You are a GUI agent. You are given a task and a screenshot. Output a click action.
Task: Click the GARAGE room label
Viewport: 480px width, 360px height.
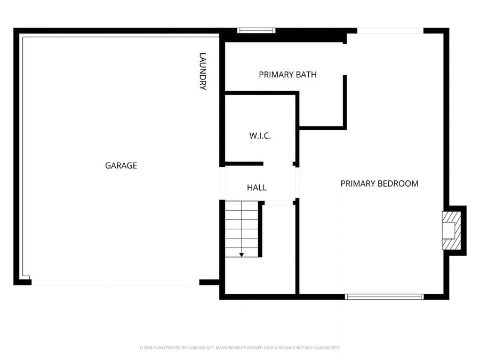click(121, 166)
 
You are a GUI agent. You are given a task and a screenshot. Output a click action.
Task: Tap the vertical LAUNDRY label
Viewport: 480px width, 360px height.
click(203, 71)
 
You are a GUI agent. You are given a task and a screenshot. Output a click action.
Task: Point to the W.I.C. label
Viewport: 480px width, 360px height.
click(260, 136)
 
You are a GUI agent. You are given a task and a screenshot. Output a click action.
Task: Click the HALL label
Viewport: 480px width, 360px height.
click(257, 188)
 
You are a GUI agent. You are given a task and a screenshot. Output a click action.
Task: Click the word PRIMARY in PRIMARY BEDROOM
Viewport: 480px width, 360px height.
click(358, 183)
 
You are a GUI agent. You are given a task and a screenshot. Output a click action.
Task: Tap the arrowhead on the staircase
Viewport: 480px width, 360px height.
click(242, 254)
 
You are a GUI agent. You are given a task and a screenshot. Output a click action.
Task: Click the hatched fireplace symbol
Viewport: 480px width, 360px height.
click(451, 230)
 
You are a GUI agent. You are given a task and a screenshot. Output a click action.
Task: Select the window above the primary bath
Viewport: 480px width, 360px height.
click(256, 30)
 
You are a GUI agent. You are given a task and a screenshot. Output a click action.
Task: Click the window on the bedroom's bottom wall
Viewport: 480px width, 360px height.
click(384, 297)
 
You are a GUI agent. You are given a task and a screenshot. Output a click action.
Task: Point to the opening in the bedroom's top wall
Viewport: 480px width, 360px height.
click(390, 31)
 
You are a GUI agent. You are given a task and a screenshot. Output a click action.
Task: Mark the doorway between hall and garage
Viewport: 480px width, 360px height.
click(222, 183)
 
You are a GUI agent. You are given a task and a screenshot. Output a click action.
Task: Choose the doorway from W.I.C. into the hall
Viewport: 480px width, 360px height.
click(278, 164)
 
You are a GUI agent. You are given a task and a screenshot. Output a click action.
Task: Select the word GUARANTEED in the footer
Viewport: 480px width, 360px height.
click(325, 348)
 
